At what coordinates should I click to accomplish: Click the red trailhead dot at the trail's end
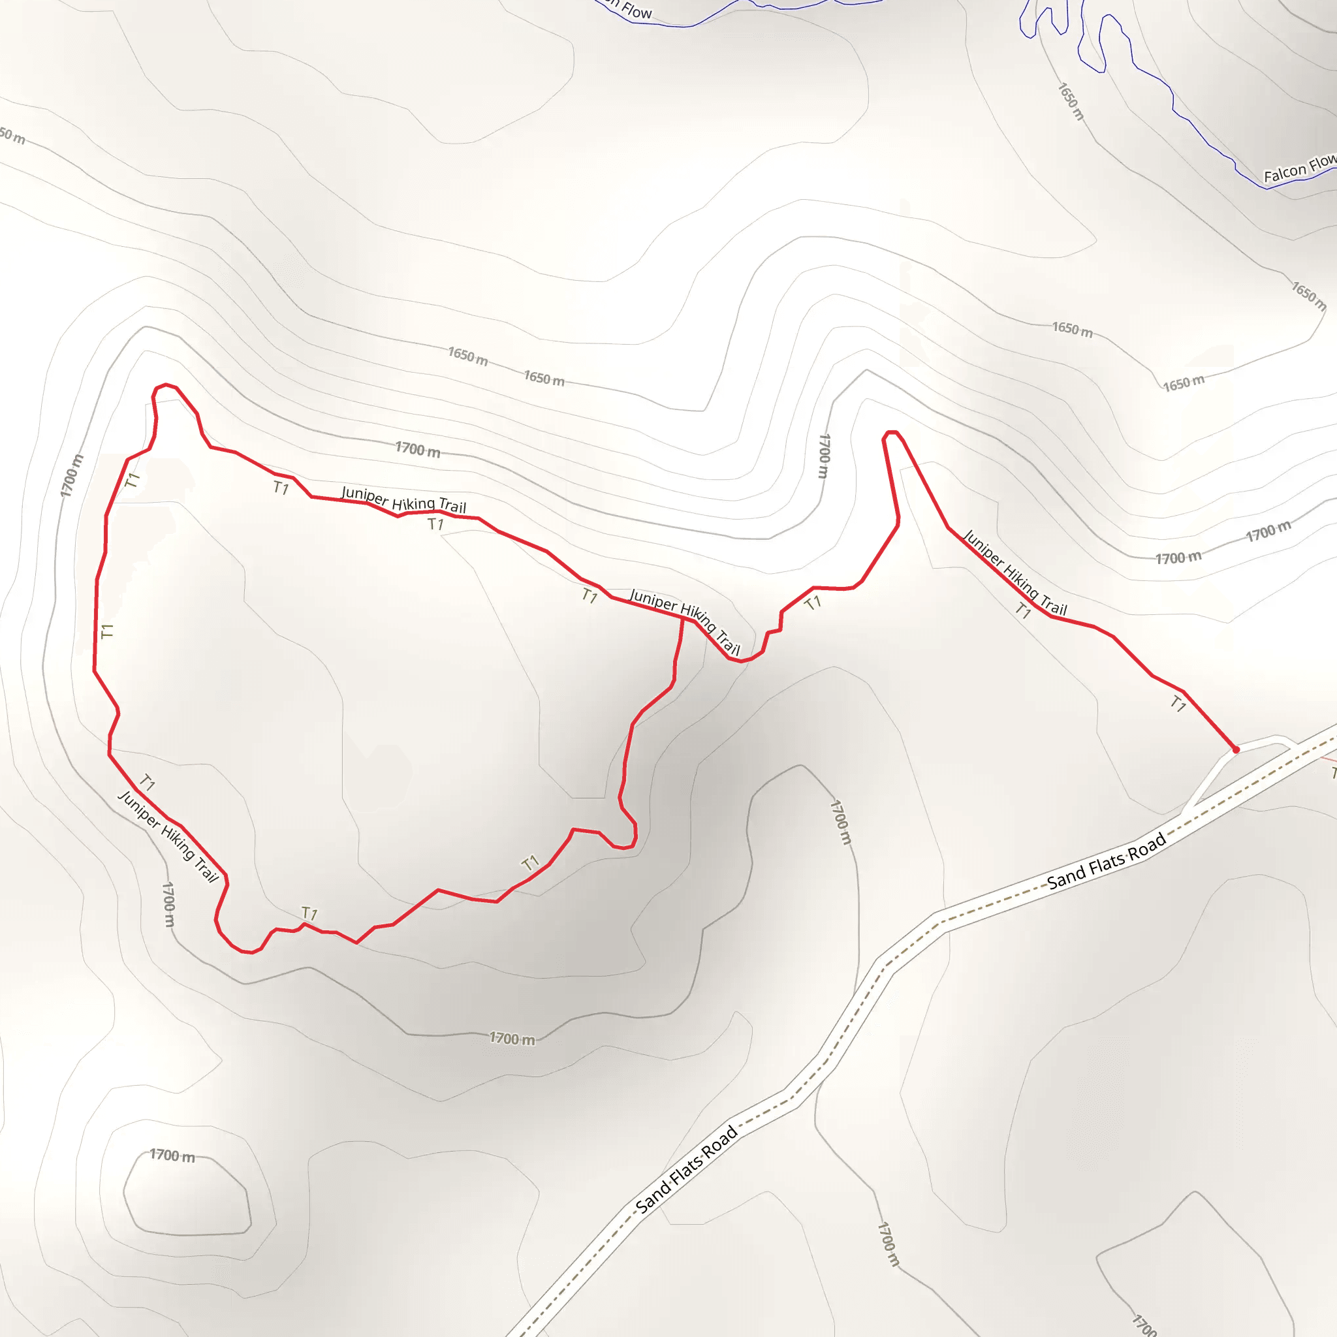pyautogui.click(x=1236, y=749)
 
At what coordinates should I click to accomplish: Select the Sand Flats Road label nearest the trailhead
pyautogui.click(x=1106, y=861)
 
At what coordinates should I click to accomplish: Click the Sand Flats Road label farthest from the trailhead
pyautogui.click(x=687, y=1169)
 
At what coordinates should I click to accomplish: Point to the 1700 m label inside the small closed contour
pyautogui.click(x=172, y=1156)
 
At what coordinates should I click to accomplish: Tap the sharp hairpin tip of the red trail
pyautogui.click(x=891, y=433)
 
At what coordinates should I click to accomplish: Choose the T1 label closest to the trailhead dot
pyautogui.click(x=1178, y=704)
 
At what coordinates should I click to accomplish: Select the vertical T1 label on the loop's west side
pyautogui.click(x=106, y=631)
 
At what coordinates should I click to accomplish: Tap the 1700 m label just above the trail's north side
pyautogui.click(x=417, y=449)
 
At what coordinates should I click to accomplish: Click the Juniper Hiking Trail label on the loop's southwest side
pyautogui.click(x=168, y=837)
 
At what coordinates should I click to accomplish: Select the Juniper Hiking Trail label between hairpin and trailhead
pyautogui.click(x=1015, y=573)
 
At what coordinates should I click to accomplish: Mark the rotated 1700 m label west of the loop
pyautogui.click(x=71, y=475)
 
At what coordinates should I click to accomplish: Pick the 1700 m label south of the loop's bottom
pyautogui.click(x=512, y=1038)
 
